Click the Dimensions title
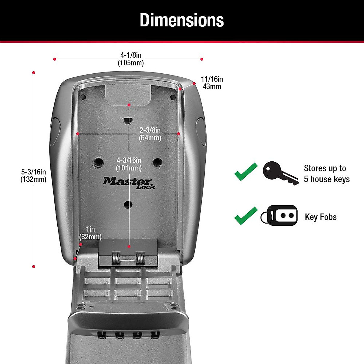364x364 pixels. (182, 20)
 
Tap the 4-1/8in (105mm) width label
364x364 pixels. (131, 59)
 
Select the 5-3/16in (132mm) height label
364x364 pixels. (33, 176)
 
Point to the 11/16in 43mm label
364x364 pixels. (212, 83)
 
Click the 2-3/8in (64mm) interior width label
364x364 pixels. (150, 134)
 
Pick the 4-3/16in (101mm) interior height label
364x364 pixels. (129, 164)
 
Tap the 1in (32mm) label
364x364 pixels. (90, 233)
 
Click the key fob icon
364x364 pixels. (279, 216)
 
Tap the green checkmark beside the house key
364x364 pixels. (246, 172)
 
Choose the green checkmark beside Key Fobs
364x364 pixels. (246, 216)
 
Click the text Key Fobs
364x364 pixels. (321, 217)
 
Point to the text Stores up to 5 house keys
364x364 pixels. (326, 174)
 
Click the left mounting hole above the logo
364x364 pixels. (98, 163)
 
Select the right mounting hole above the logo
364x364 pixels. (157, 162)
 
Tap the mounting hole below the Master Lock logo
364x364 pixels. (128, 204)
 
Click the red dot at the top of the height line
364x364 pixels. (34, 72)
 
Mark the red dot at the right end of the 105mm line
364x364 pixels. (202, 59)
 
